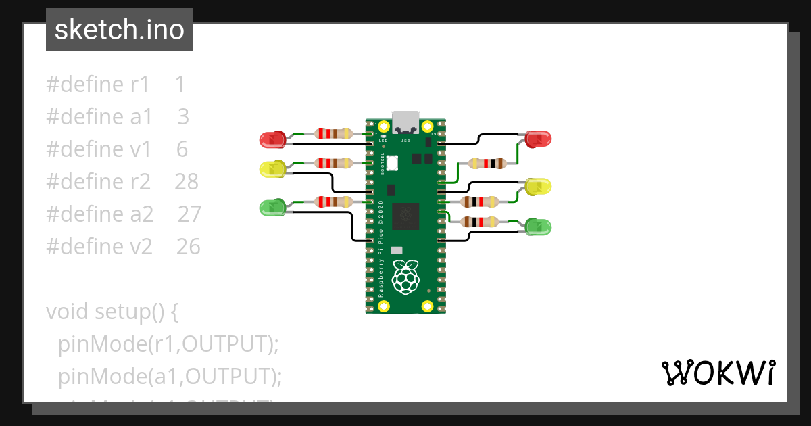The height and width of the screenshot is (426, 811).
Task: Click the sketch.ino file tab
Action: [x=119, y=30]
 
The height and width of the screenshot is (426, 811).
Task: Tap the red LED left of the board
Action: [x=273, y=140]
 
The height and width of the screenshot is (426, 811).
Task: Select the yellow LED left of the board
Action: [x=273, y=169]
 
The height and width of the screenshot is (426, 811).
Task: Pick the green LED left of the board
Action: [x=273, y=208]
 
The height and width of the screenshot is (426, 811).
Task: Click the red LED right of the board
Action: [x=539, y=139]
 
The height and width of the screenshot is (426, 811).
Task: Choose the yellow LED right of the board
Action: [x=539, y=186]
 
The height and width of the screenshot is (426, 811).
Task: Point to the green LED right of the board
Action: [x=539, y=227]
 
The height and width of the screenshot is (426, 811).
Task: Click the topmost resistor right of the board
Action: [x=487, y=163]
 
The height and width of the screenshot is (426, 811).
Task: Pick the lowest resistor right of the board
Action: [x=480, y=221]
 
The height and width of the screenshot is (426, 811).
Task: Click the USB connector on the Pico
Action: [x=405, y=122]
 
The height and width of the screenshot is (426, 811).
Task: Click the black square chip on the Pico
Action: [x=405, y=216]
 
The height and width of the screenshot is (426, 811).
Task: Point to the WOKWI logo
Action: [x=718, y=373]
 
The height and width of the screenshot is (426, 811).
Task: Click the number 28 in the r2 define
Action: [x=187, y=181]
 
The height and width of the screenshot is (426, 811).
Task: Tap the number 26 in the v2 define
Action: [x=189, y=247]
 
